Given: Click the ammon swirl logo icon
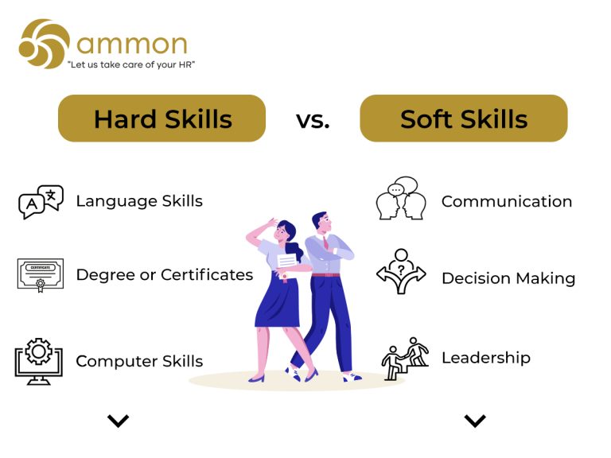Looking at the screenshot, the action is (45, 44).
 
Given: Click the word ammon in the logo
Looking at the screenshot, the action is (132, 44).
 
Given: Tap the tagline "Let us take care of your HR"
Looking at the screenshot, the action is (131, 64).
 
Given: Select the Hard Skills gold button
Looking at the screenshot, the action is (162, 118).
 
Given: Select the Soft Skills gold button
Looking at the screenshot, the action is (464, 118).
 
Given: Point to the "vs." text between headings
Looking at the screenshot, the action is (313, 120).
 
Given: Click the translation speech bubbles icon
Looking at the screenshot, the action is (41, 202).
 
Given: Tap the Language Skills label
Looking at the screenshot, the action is (139, 201).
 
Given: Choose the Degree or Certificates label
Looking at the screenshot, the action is (165, 274).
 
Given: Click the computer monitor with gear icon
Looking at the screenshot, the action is (38, 362).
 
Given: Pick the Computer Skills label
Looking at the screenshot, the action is (139, 362).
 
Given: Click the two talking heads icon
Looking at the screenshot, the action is (401, 198).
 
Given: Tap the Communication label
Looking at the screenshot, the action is (507, 201).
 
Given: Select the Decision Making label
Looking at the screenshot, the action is (508, 278).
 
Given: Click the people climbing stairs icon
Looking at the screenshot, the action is (405, 359).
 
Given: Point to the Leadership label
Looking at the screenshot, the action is (486, 358).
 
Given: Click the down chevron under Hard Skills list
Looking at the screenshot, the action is (118, 421).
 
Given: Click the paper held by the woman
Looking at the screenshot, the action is (286, 262).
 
